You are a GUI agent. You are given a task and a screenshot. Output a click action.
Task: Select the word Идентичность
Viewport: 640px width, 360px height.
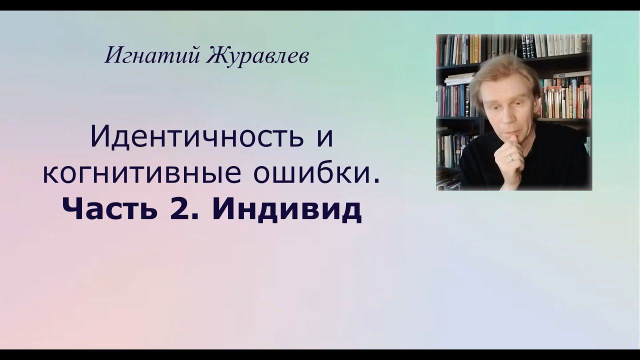[x=196, y=137]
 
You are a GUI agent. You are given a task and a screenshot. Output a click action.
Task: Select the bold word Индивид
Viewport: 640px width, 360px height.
[x=286, y=210]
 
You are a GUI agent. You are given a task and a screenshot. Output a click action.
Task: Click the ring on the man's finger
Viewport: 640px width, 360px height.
[x=510, y=157]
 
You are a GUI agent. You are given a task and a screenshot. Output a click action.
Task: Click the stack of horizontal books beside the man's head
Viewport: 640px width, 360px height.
[x=459, y=79]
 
